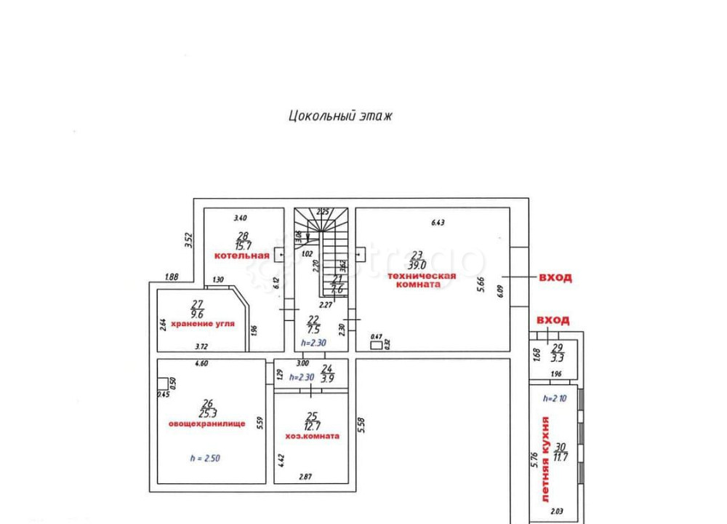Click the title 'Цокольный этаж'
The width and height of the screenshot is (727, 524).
point(340,116)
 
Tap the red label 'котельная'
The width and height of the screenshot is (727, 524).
point(241,255)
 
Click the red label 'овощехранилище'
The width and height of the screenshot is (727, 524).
point(207,423)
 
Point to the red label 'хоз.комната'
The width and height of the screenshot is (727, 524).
point(313,436)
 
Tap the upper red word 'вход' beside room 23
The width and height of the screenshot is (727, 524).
point(554,277)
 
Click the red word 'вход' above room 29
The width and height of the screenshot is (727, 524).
point(553,319)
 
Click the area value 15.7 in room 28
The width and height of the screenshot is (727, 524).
point(242,245)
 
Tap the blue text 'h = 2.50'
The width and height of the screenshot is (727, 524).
point(206,458)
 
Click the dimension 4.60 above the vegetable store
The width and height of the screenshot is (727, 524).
point(202,363)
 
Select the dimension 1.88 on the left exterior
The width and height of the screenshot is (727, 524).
point(172,276)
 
